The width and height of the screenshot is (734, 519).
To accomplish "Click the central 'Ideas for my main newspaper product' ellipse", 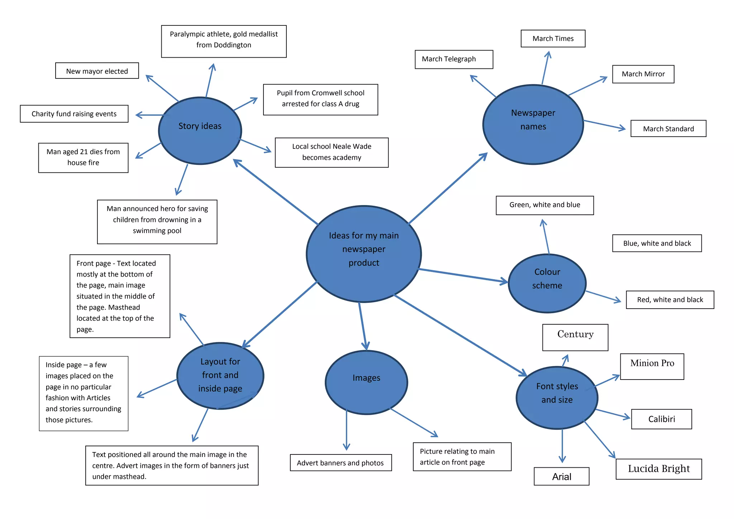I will [x=364, y=254].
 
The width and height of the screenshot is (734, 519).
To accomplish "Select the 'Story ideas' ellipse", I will [x=200, y=131].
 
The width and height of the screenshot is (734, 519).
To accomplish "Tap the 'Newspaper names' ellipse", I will [x=533, y=124].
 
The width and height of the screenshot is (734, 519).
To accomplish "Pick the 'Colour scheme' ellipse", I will [x=547, y=283].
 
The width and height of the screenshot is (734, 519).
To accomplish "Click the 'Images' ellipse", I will [x=366, y=382].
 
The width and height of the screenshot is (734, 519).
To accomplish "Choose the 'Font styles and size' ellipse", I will [x=557, y=397].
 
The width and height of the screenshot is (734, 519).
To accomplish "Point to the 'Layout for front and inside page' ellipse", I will [x=220, y=376].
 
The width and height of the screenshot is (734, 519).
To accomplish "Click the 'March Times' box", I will [x=553, y=39].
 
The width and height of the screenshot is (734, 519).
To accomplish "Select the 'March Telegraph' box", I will [x=453, y=59].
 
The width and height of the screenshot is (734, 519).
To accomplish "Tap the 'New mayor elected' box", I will [x=97, y=71].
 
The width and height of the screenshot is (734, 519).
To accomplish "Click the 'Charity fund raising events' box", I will [x=74, y=114].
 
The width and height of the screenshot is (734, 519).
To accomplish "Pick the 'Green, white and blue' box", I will [x=544, y=205].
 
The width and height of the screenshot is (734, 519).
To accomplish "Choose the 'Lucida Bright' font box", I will [x=658, y=469].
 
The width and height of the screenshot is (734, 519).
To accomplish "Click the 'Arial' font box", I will [x=561, y=476].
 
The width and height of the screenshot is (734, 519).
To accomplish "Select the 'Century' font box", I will [x=575, y=337].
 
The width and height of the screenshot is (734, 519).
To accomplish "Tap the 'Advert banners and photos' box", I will [x=340, y=463].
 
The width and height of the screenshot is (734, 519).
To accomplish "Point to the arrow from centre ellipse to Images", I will [x=362, y=326].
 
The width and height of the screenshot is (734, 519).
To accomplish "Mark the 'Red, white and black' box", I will [x=669, y=300].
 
